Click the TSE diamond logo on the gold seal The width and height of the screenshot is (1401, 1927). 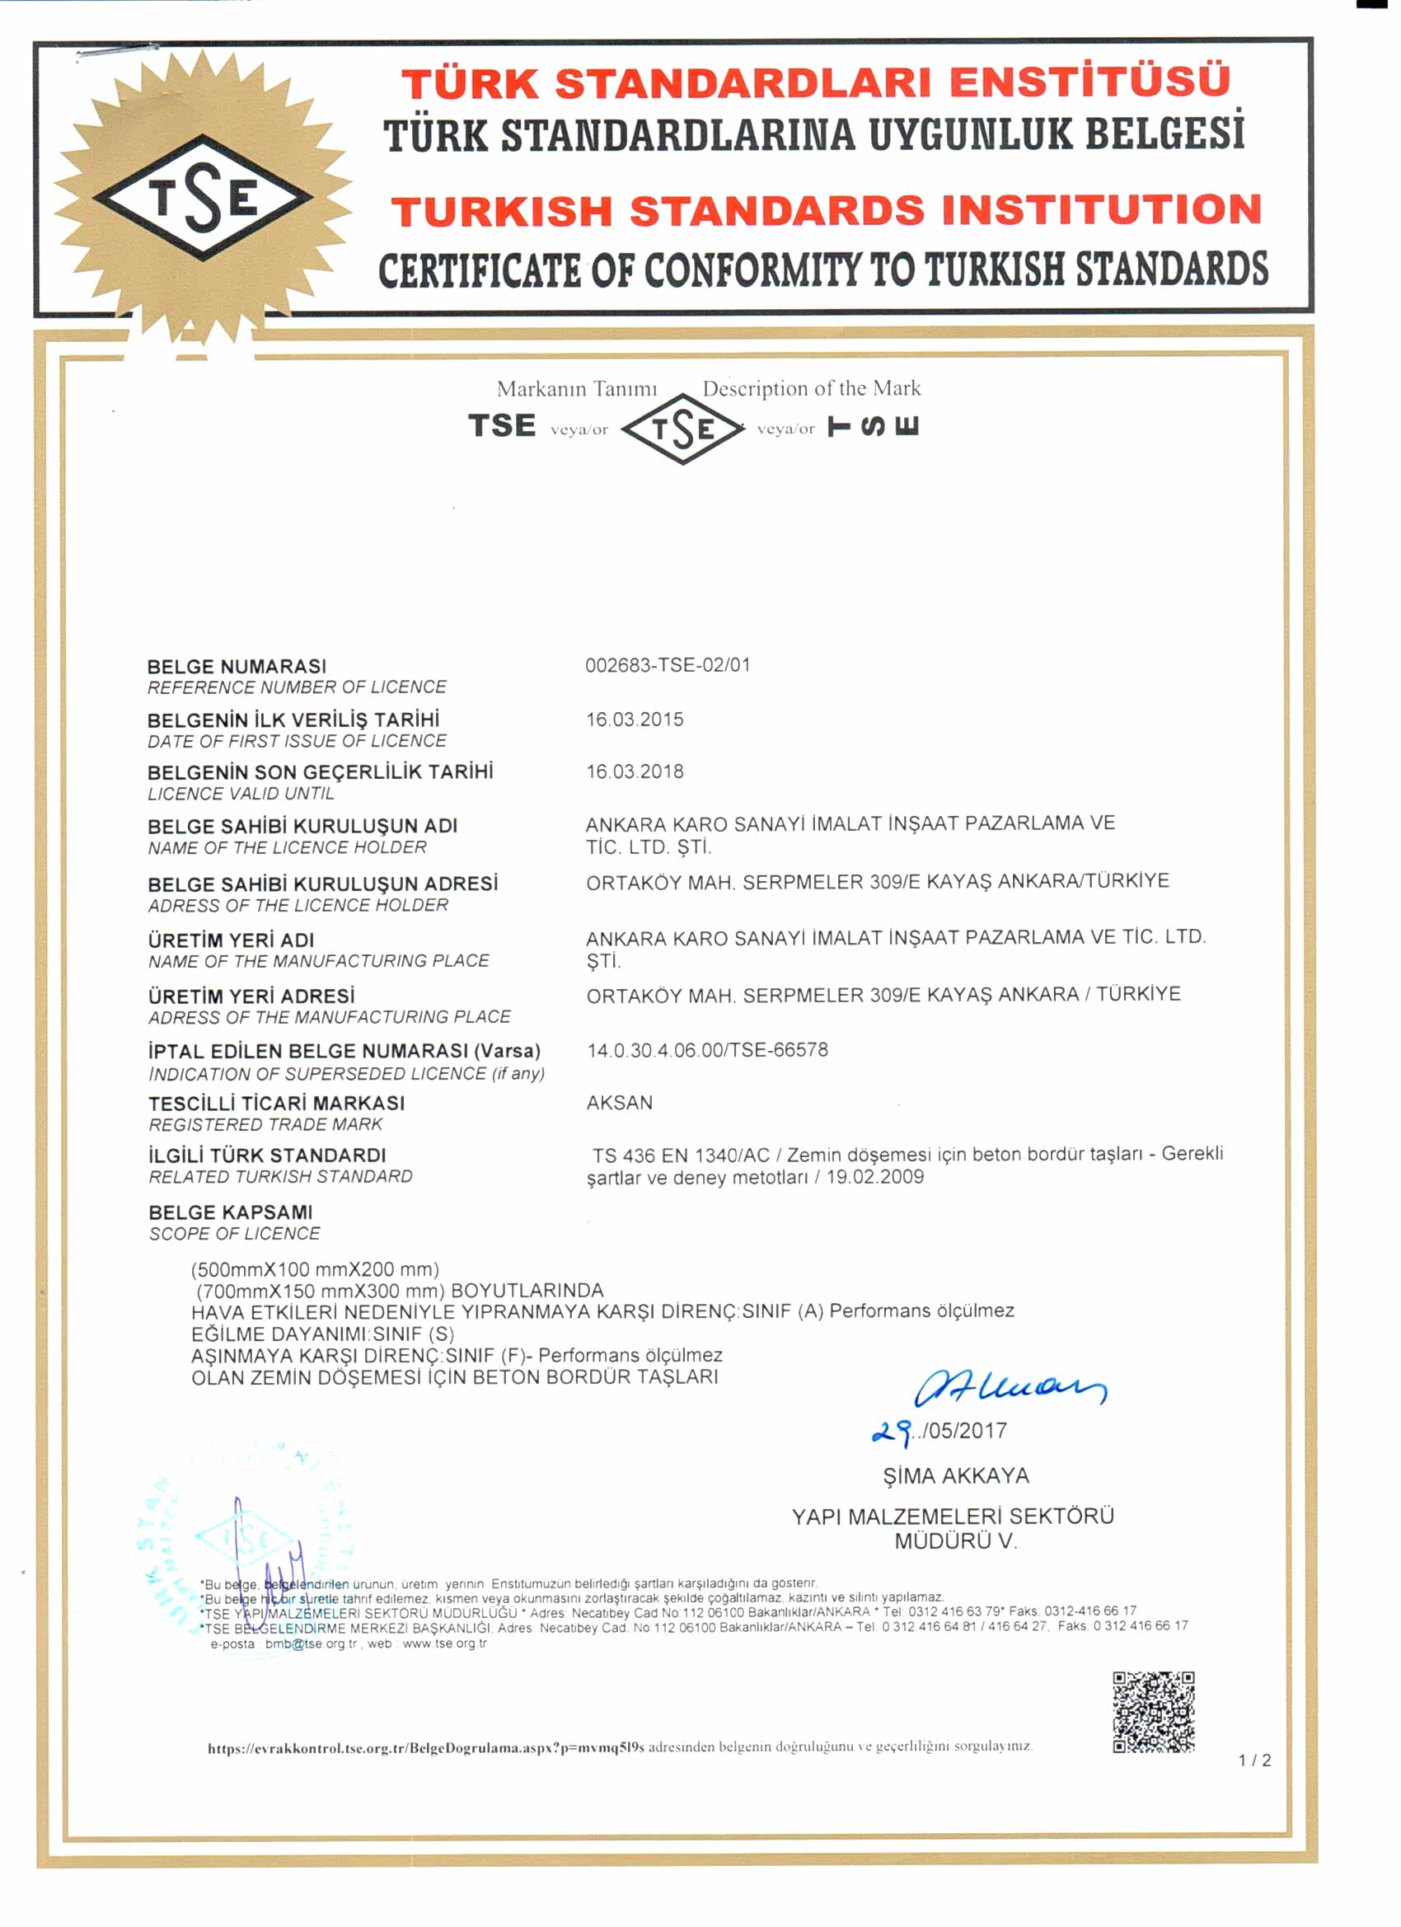(203, 198)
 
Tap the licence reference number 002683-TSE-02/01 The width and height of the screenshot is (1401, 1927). (668, 665)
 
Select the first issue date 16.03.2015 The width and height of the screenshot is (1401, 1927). (635, 720)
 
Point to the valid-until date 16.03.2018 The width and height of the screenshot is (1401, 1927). (635, 771)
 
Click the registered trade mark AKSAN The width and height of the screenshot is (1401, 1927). (620, 1103)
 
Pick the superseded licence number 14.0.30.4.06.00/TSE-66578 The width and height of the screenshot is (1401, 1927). (707, 1050)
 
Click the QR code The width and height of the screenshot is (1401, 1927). (1153, 1711)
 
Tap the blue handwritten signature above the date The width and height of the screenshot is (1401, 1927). (1010, 1389)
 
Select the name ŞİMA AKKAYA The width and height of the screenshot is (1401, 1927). (956, 1476)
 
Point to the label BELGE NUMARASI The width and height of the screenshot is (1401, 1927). (237, 667)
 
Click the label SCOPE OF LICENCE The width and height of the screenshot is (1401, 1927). (235, 1234)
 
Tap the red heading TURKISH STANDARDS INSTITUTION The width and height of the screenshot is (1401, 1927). (826, 211)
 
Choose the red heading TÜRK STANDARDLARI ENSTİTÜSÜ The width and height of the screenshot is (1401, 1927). (816, 83)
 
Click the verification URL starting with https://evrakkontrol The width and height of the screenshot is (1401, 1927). (425, 1747)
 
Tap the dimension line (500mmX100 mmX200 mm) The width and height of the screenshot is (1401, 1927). (315, 1269)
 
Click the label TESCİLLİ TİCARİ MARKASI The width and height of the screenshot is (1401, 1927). (276, 1104)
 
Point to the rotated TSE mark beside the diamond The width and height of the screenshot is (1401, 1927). (874, 425)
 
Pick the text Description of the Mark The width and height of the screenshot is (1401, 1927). (812, 389)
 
